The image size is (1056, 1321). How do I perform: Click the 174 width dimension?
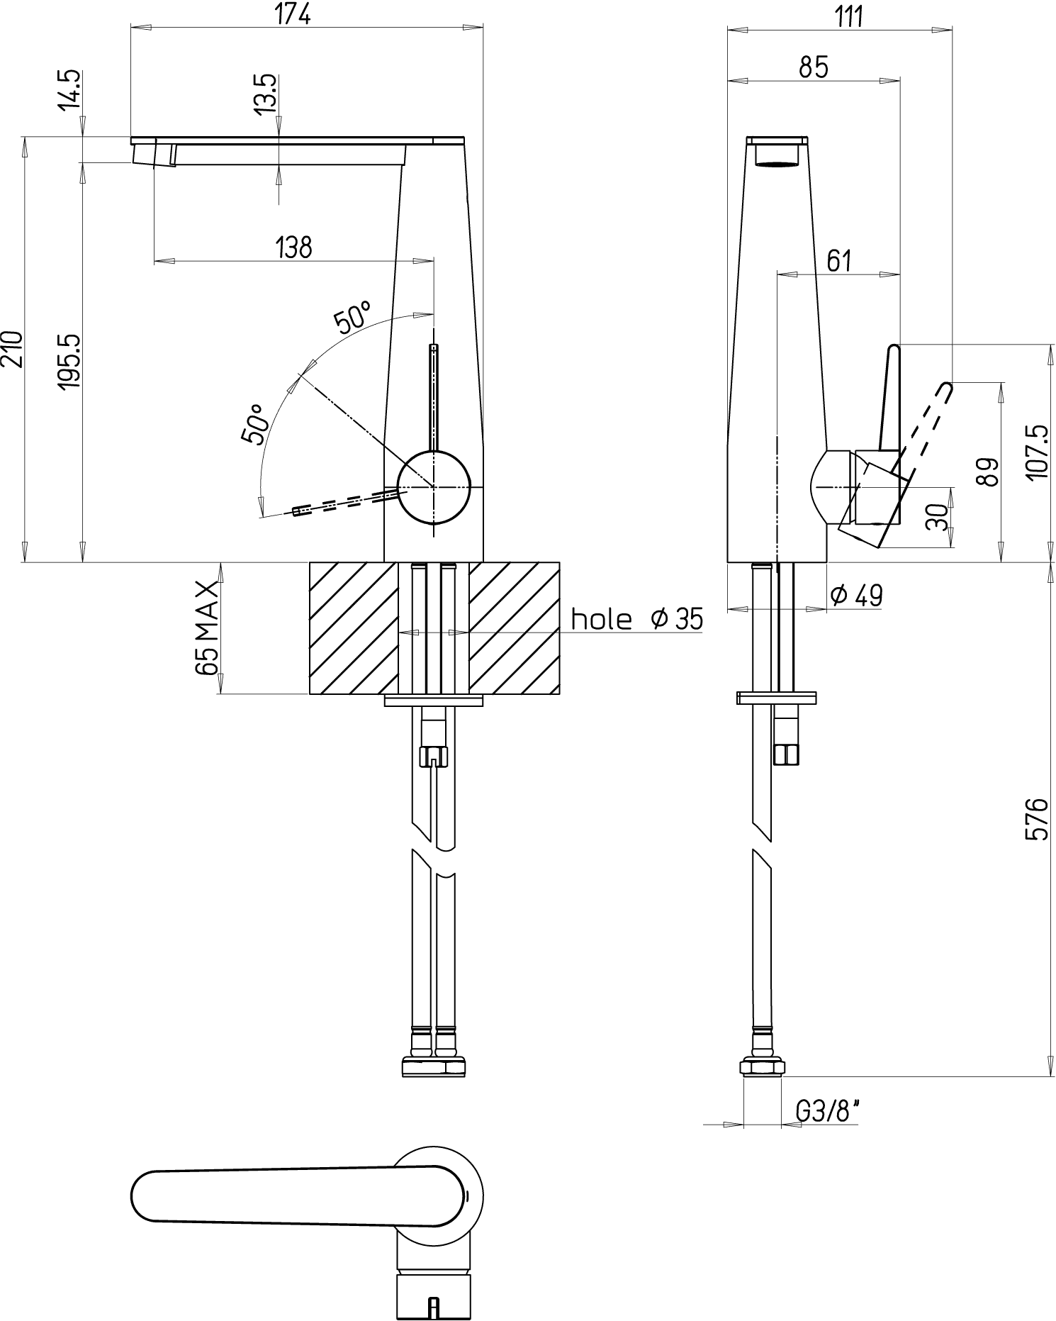click(293, 14)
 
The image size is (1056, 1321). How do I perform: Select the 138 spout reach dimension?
click(293, 247)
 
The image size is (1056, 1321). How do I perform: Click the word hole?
click(601, 619)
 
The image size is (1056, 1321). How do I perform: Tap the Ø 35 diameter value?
click(677, 619)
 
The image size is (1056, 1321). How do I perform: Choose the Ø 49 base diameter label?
click(857, 596)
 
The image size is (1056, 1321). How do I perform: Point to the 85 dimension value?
click(814, 67)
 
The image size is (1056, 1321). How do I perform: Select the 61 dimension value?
click(839, 261)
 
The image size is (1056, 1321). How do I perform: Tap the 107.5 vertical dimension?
click(1036, 452)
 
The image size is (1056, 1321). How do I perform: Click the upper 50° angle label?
click(353, 318)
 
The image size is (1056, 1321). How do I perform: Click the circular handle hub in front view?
click(434, 487)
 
